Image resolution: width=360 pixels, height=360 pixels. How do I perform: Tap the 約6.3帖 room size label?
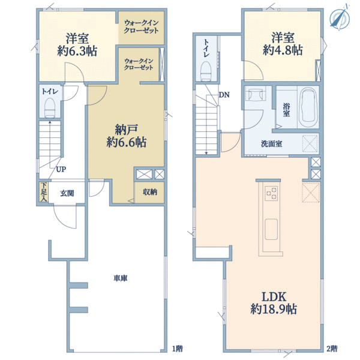click(77, 51)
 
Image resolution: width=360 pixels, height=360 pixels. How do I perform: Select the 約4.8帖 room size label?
click(283, 50)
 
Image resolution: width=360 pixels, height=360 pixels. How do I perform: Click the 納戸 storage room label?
click(127, 130)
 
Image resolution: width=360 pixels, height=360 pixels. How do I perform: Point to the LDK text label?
click(274, 297)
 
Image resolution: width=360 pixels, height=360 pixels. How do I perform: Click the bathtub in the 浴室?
click(308, 107)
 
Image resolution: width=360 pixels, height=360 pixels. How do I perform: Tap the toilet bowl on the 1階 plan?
click(50, 107)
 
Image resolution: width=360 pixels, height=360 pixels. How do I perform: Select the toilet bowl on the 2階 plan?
click(206, 71)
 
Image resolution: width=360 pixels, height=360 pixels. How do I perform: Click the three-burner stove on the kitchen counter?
click(271, 193)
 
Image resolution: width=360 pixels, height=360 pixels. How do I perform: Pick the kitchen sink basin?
click(271, 229)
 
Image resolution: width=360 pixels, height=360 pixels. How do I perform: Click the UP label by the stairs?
click(61, 169)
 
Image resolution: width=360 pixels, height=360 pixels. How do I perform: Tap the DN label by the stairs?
click(224, 95)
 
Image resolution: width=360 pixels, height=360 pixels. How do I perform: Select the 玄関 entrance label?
click(67, 193)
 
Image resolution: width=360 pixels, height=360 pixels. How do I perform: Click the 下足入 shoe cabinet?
click(44, 192)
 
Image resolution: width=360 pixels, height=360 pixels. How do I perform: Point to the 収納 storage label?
click(150, 192)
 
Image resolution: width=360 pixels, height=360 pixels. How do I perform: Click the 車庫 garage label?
click(121, 278)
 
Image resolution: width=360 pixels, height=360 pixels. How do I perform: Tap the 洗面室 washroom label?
click(271, 144)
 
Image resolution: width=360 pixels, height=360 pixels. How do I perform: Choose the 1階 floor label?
click(178, 349)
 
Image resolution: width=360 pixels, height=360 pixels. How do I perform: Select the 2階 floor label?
click(332, 349)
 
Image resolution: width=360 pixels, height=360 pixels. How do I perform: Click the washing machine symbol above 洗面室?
click(256, 94)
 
